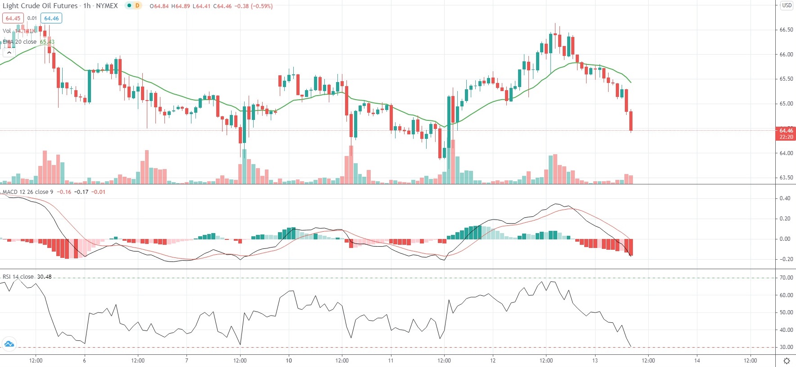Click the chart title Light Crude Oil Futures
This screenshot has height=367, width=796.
[x=40, y=6]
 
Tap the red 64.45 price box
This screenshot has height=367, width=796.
[x=13, y=18]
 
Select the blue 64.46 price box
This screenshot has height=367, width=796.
[x=51, y=18]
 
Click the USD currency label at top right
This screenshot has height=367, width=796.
[x=787, y=5]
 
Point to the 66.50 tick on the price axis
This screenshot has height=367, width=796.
[x=786, y=30]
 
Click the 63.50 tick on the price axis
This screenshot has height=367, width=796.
[x=786, y=178]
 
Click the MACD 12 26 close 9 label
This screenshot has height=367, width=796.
[x=28, y=192]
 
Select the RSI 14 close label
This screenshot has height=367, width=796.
[x=18, y=277]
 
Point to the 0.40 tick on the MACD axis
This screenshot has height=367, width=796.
[x=785, y=198]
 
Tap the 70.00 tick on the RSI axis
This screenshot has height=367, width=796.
[x=786, y=278]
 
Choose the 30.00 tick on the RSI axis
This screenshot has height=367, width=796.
[x=786, y=347]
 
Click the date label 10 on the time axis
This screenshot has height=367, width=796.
[x=289, y=360]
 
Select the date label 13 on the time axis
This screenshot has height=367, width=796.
[x=595, y=360]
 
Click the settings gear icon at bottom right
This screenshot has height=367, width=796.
[x=787, y=361]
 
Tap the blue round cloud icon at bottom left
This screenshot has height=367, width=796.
[x=9, y=344]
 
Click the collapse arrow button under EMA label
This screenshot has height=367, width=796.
[x=9, y=53]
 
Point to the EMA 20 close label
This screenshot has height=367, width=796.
[x=20, y=42]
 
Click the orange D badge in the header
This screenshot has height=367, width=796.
[x=137, y=6]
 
